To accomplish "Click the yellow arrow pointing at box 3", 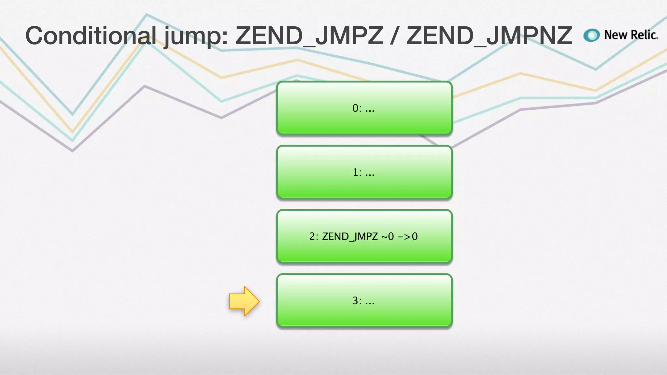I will (244, 301).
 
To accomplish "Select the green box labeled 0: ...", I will (364, 108).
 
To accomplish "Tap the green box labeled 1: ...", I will (364, 172).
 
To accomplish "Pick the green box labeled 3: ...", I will (364, 300).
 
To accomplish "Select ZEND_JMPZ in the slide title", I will (309, 36).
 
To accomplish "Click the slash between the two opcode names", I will (394, 36).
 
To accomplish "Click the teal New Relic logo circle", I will (591, 35).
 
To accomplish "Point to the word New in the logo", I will (616, 35).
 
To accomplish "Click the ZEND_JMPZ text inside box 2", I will (349, 237).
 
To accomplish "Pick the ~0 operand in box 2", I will (387, 236).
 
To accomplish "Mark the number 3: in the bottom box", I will (357, 301).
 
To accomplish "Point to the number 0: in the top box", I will (357, 108).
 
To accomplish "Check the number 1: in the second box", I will (357, 172).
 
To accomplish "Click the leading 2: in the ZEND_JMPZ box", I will (314, 237).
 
